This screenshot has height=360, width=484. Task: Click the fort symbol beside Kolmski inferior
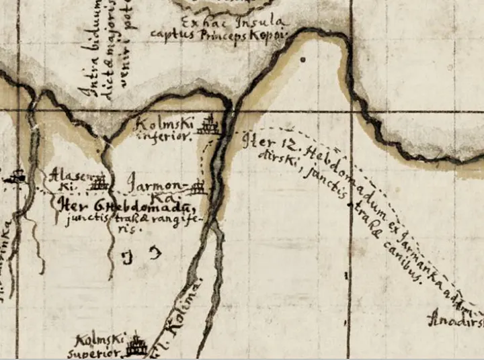212,124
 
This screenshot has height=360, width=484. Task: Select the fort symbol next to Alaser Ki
100,182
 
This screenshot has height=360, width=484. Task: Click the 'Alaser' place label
66,176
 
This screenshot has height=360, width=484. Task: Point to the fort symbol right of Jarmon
198,185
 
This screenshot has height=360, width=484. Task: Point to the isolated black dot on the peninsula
302,60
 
